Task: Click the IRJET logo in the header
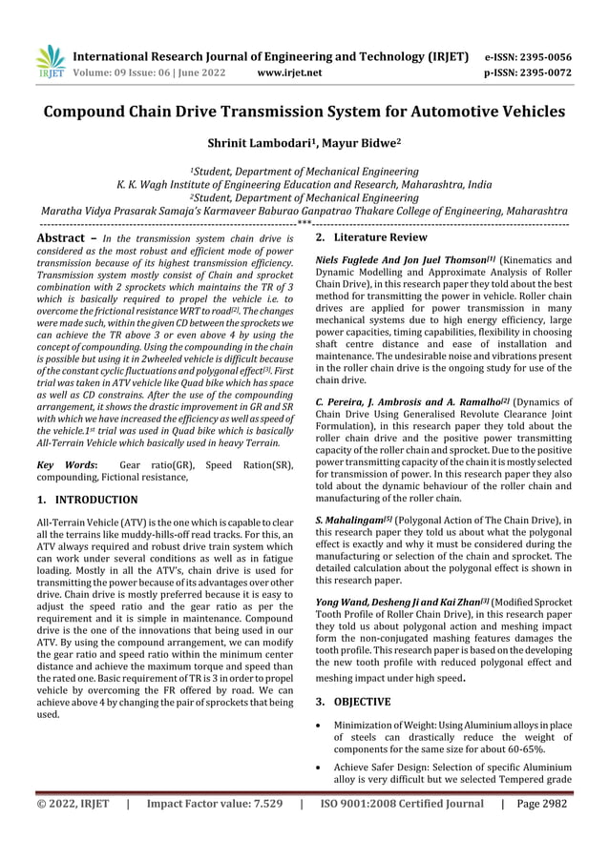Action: click(x=50, y=61)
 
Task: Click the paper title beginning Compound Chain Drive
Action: click(x=304, y=112)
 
